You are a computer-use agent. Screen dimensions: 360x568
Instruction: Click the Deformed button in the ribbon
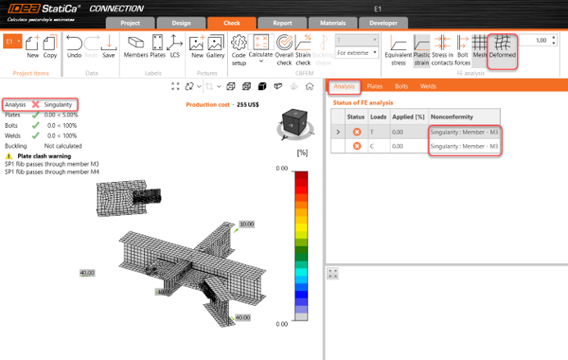502,49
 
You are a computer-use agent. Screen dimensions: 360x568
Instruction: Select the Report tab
282,23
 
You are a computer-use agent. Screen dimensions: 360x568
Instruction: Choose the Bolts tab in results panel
402,85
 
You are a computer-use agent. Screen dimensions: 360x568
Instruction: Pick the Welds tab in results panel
428,85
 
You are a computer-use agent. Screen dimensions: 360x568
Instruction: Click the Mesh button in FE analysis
480,48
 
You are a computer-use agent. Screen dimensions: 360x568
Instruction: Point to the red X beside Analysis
35,105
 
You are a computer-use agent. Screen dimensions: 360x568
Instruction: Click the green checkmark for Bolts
35,125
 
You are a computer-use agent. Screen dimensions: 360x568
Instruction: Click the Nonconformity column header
452,116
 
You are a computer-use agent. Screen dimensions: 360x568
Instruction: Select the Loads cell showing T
372,131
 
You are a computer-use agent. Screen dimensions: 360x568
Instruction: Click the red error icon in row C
357,146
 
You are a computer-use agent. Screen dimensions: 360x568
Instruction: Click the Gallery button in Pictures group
216,48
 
